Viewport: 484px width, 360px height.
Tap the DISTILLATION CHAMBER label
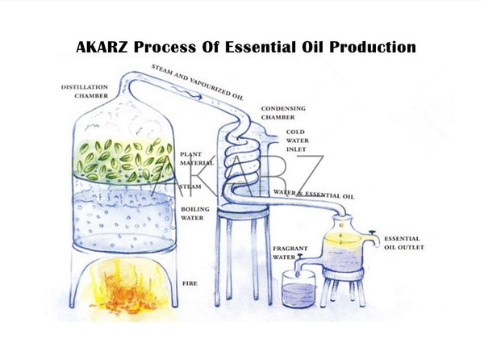click(x=86, y=91)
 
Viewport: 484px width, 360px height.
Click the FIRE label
click(x=190, y=283)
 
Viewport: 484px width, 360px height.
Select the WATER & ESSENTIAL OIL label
click(x=314, y=195)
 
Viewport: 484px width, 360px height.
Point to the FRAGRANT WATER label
click(x=287, y=252)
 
